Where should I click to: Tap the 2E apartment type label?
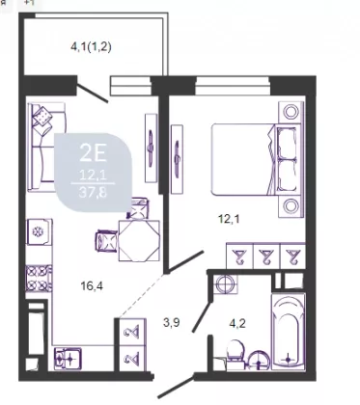(93, 153)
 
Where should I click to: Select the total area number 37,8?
(93, 193)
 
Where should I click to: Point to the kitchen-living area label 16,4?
(92, 285)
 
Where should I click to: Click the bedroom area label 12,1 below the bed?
(229, 219)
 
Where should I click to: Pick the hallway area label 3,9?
(171, 322)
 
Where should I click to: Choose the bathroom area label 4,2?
(237, 323)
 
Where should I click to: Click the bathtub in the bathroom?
(289, 332)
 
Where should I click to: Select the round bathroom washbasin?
(259, 361)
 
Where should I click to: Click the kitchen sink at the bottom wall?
(68, 359)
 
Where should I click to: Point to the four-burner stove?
(39, 279)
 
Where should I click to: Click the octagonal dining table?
(139, 240)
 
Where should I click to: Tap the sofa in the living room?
(45, 147)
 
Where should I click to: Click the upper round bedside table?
(291, 112)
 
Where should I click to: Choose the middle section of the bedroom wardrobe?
(266, 256)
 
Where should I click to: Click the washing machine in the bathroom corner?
(227, 284)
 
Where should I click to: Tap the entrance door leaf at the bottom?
(176, 387)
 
